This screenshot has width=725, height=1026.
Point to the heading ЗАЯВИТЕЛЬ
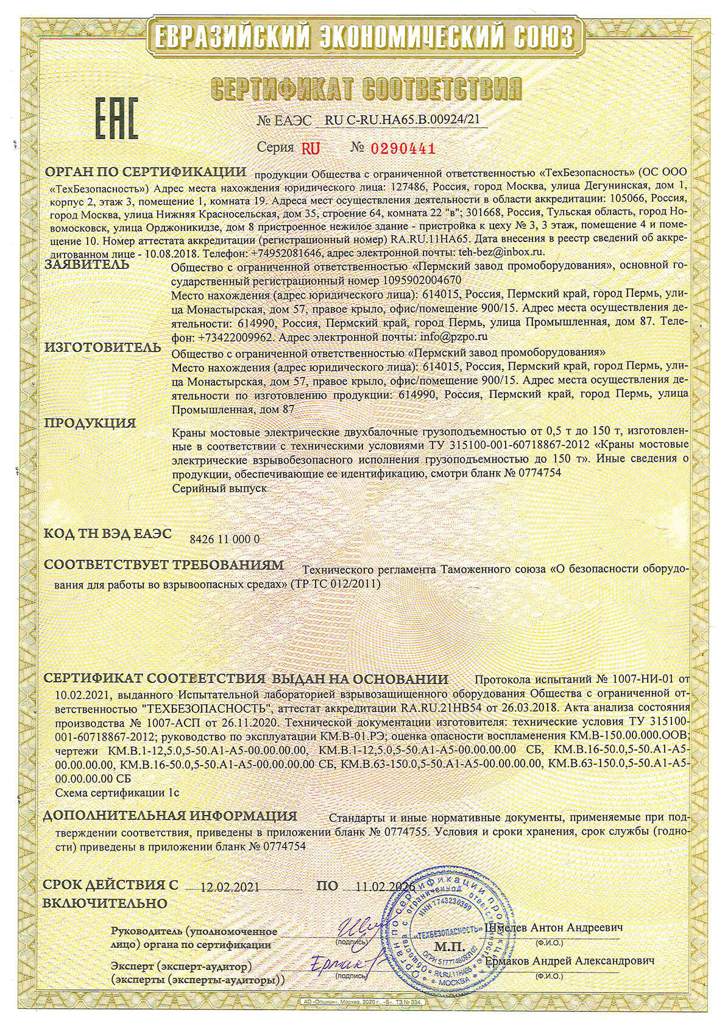pyautogui.click(x=87, y=265)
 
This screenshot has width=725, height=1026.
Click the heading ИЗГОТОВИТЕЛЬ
pyautogui.click(x=102, y=348)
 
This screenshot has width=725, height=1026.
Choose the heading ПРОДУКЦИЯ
pyautogui.click(x=90, y=422)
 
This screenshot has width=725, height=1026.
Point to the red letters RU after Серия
pyautogui.click(x=310, y=148)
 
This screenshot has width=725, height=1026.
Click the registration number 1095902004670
pyautogui.click(x=416, y=281)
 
